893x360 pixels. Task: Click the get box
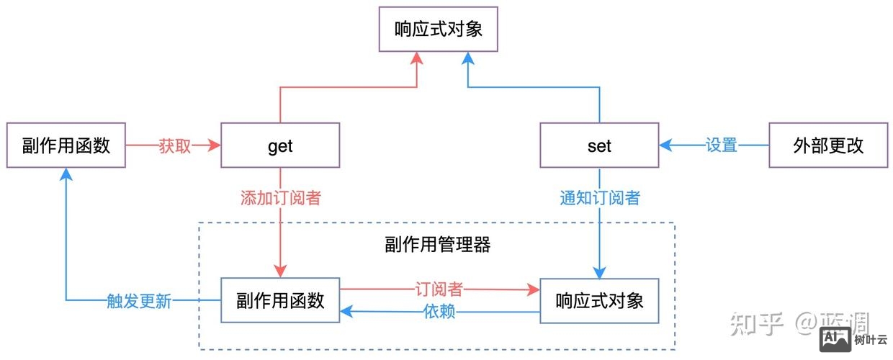279,145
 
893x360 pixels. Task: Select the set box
599,145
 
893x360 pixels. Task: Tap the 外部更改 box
827,145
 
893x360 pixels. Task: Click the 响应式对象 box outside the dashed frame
438,30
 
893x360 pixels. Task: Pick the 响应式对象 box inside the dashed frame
599,300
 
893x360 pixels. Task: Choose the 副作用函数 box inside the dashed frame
280,300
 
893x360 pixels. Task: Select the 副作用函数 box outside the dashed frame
66,145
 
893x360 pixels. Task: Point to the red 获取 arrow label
174,145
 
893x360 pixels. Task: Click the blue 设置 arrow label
722,145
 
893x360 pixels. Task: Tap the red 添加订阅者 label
280,198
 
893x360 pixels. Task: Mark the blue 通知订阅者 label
599,198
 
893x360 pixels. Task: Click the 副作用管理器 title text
438,245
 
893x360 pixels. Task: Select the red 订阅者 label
439,289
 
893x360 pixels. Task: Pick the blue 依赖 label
439,312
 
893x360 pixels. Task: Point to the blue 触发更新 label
139,301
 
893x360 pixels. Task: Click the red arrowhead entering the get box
213,145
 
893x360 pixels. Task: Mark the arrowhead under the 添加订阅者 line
280,271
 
